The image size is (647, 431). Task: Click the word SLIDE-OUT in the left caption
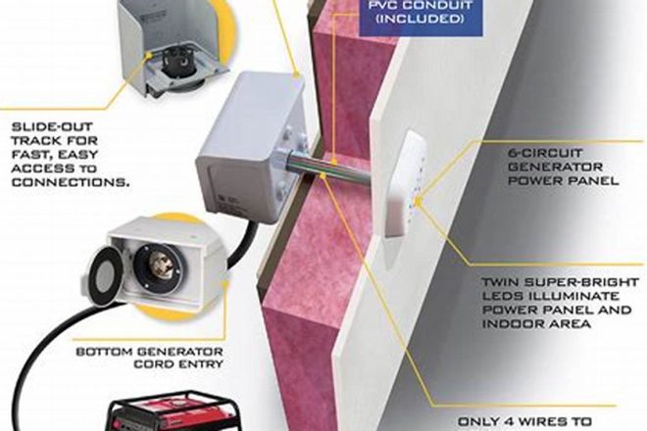pos(52,126)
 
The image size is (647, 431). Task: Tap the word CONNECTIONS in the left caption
pos(71,182)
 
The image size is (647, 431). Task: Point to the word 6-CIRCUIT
pos(545,153)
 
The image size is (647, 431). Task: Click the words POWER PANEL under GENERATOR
pos(564,180)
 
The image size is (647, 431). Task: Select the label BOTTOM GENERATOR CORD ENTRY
pos(149,358)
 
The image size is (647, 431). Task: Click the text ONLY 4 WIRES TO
pos(524,421)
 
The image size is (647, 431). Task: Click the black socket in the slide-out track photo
pos(178,67)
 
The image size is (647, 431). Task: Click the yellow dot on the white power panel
pos(419,202)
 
